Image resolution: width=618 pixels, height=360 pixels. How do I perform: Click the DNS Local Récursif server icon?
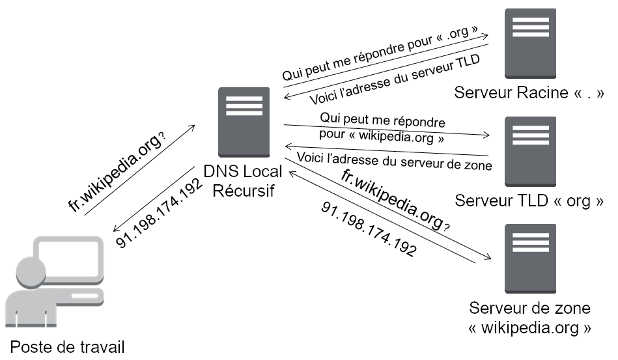(244, 122)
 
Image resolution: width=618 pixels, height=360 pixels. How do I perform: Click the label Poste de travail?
(67, 346)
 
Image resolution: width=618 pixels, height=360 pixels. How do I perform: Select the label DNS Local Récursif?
(243, 182)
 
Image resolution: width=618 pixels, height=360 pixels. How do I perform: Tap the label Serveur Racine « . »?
(529, 92)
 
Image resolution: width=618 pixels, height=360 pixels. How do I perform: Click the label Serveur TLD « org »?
(529, 201)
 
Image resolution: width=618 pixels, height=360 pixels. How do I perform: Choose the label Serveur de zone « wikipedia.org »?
(530, 317)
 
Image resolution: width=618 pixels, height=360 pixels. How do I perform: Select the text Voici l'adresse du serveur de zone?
(394, 159)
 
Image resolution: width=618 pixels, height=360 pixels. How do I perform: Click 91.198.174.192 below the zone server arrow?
(368, 228)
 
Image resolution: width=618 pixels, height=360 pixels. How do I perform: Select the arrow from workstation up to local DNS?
(138, 169)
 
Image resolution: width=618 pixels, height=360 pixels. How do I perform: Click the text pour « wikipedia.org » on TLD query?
(382, 138)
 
